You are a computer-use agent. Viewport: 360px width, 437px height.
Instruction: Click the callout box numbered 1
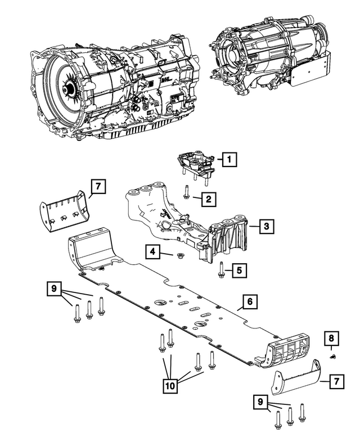coord(228,160)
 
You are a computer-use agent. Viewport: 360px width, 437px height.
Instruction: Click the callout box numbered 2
coord(209,199)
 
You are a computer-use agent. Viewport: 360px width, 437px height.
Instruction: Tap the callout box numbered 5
coord(239,271)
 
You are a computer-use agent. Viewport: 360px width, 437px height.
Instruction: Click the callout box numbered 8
coord(331,339)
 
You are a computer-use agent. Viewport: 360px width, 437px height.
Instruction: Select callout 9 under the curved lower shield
coord(260,403)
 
